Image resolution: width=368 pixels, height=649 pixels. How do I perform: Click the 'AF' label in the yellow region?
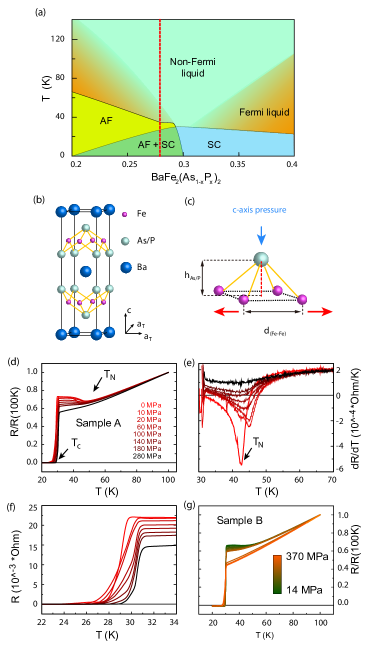click(x=107, y=121)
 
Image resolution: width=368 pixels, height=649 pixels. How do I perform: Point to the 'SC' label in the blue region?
click(x=214, y=145)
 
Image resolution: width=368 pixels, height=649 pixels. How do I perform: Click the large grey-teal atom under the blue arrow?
click(x=261, y=259)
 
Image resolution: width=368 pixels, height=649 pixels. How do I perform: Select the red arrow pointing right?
click(x=317, y=313)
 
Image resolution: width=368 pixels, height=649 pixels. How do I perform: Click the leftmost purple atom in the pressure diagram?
click(x=219, y=291)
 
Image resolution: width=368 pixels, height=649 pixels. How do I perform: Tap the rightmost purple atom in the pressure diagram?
click(x=303, y=298)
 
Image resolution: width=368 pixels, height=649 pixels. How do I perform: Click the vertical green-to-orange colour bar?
click(x=276, y=573)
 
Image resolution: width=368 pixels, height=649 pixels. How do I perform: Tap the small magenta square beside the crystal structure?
click(x=124, y=215)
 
